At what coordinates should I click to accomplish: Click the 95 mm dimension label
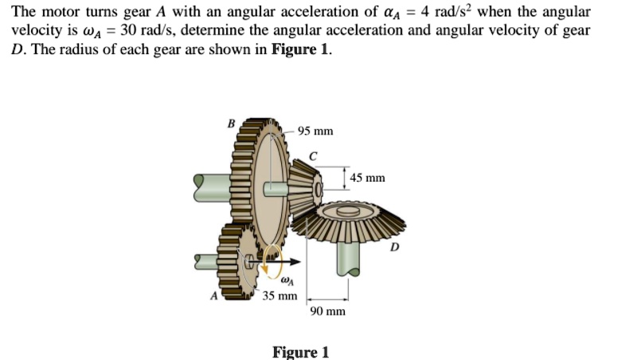315,131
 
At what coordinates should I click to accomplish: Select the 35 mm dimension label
280,296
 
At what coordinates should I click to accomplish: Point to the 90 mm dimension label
329,311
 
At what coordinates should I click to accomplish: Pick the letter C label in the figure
314,155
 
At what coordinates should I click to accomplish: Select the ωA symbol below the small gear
287,280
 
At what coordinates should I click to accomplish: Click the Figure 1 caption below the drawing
300,351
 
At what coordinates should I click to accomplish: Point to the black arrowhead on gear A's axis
296,260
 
